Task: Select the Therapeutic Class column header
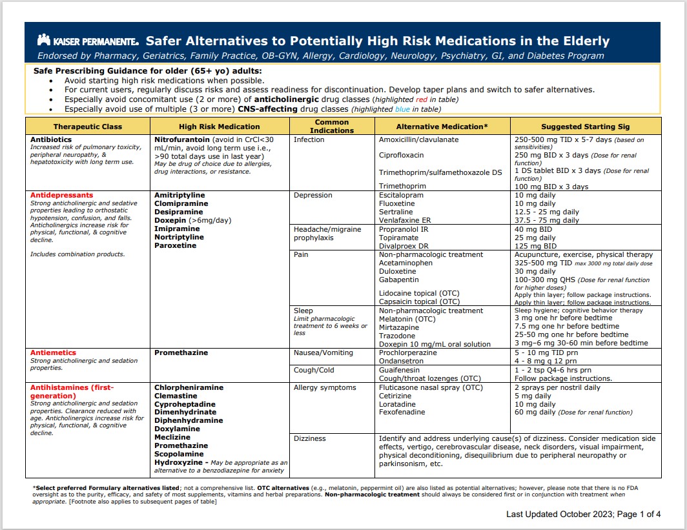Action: tap(87, 127)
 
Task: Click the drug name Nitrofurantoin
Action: tap(181, 139)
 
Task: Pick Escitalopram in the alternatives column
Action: tap(401, 195)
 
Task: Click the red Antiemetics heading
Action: tap(53, 352)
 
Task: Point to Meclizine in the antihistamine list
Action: tap(172, 437)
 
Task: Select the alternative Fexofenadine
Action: tap(402, 412)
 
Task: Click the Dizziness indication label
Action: tap(310, 438)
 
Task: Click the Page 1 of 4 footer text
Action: tap(631, 514)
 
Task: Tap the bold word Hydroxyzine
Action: tap(177, 462)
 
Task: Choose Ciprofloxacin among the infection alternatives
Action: tap(401, 155)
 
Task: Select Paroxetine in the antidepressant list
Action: tap(174, 245)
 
